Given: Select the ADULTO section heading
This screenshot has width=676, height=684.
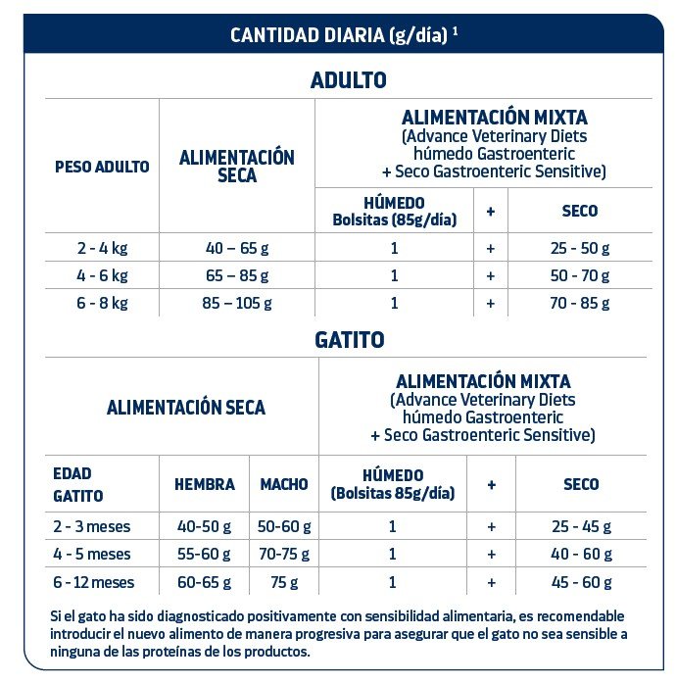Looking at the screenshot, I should (x=348, y=80).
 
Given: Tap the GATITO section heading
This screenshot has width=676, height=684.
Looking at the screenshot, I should (x=349, y=340).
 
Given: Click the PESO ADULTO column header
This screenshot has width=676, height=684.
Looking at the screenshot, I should (x=102, y=167).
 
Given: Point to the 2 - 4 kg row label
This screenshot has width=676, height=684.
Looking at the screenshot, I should (x=102, y=248).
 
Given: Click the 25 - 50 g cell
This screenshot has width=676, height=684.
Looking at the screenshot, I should (x=580, y=248).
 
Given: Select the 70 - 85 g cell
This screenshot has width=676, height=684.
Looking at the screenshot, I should (x=580, y=303).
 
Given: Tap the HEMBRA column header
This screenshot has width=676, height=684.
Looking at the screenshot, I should (x=205, y=484).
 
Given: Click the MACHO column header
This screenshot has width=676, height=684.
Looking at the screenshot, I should (x=284, y=484).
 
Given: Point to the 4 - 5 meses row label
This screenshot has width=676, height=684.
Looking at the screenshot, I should (x=92, y=555).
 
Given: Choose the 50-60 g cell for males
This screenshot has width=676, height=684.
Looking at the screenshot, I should (x=284, y=526).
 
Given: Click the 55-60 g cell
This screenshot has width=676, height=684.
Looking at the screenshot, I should (x=205, y=555).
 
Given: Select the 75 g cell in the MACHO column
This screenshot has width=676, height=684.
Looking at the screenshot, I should (x=284, y=582).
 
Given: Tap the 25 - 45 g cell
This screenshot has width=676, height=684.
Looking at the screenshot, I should (x=582, y=526).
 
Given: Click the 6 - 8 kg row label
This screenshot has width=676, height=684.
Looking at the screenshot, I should (x=102, y=303).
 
